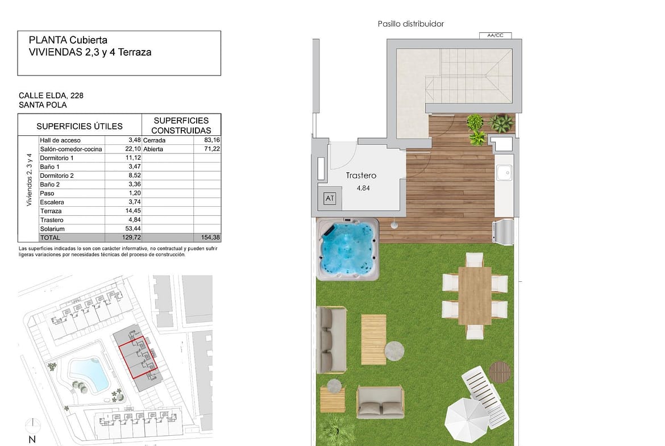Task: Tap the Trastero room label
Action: click(x=361, y=176)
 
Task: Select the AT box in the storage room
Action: click(x=330, y=198)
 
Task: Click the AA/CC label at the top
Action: click(x=496, y=35)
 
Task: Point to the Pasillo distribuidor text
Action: click(x=410, y=24)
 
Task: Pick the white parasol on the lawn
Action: click(x=467, y=420)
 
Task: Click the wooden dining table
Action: click(x=475, y=295)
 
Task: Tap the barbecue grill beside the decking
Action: click(x=503, y=231)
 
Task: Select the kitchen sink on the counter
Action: click(x=504, y=173)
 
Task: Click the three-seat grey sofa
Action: click(x=331, y=340)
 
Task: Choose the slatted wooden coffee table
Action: click(x=373, y=339)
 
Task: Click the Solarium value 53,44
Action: click(x=133, y=228)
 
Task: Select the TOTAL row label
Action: click(x=50, y=237)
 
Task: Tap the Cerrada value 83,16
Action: click(x=212, y=140)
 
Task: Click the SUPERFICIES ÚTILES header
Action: click(x=80, y=126)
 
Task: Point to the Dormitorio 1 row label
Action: click(x=56, y=158)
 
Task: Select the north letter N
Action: click(x=32, y=439)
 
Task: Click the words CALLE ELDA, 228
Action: click(x=51, y=95)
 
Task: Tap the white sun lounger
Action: click(x=485, y=395)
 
